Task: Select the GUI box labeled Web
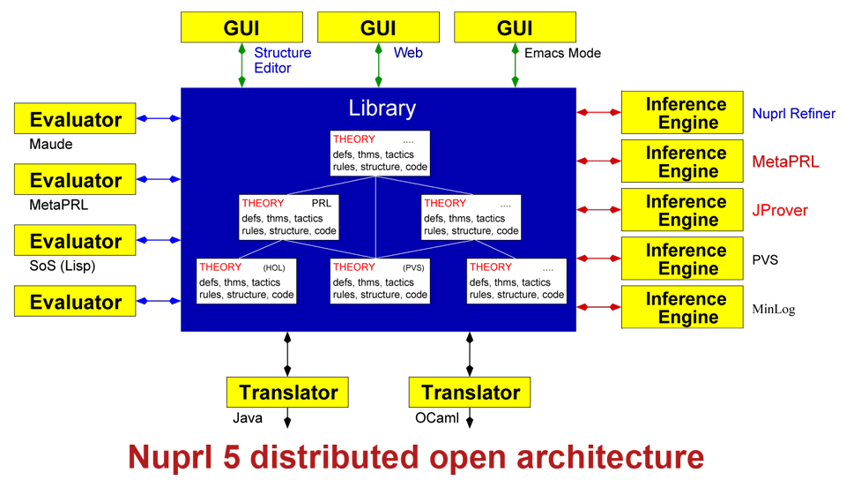point(378,27)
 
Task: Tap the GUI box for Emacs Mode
point(515,27)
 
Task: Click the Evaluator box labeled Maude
point(76,119)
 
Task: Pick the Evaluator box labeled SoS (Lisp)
point(76,241)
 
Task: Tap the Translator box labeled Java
point(287,393)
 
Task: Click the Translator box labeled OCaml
point(470,393)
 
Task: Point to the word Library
point(382,109)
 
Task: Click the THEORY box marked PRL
point(288,217)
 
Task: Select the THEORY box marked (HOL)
point(246,281)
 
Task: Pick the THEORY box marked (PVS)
point(380,281)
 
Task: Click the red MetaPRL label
point(785,162)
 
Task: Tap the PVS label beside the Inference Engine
point(765,260)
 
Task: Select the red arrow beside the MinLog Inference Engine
point(598,307)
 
